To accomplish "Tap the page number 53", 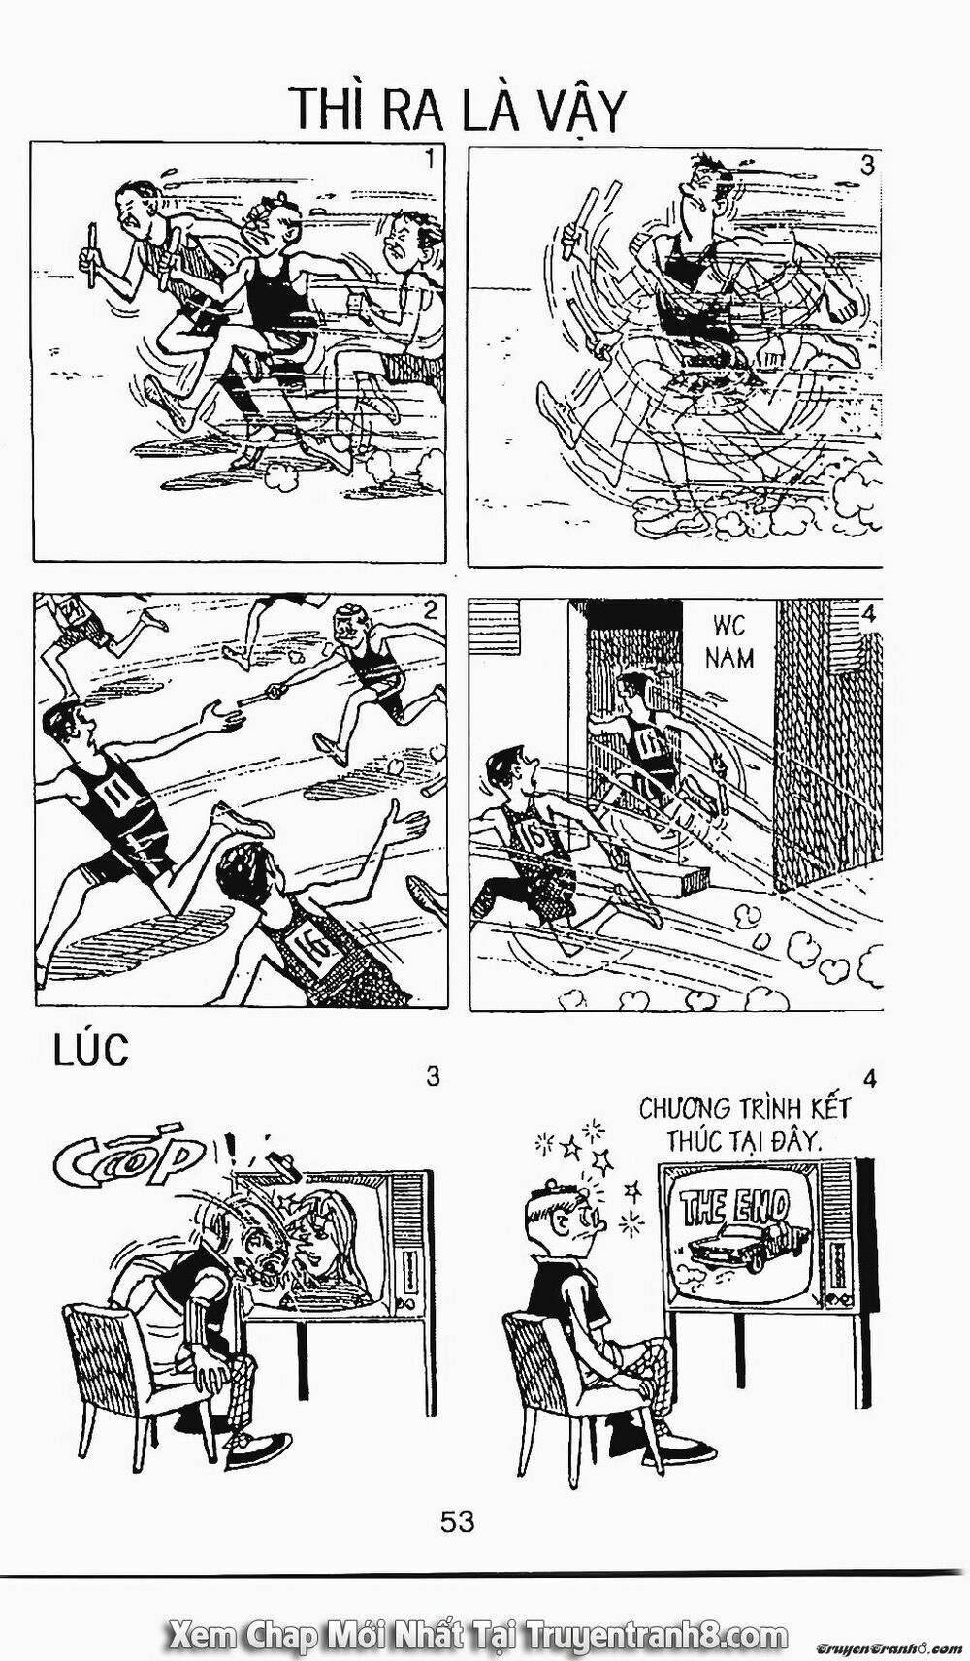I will (457, 1520).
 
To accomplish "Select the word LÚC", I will (89, 1053).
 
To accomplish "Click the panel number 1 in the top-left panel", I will (428, 160).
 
